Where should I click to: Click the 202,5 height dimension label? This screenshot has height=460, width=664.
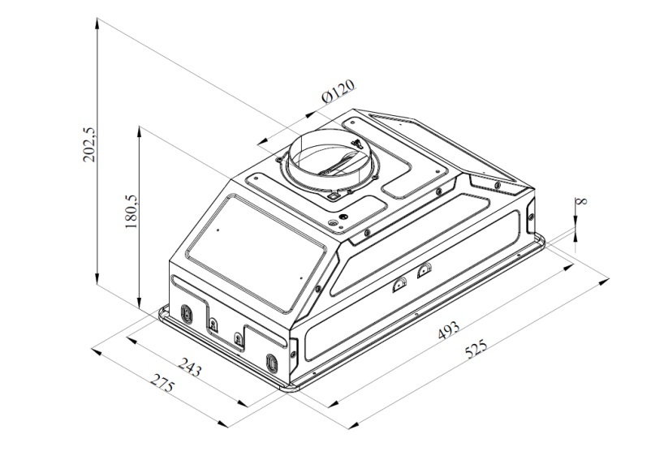tap(90, 144)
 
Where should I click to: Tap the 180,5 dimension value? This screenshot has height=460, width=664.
tap(132, 212)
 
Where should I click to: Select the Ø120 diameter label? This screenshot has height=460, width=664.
tap(338, 92)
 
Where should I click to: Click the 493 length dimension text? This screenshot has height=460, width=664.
tap(449, 330)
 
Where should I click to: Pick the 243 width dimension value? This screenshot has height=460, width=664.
tap(189, 367)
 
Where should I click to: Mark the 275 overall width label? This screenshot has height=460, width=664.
tap(162, 383)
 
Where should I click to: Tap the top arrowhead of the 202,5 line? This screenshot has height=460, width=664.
tap(98, 23)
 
